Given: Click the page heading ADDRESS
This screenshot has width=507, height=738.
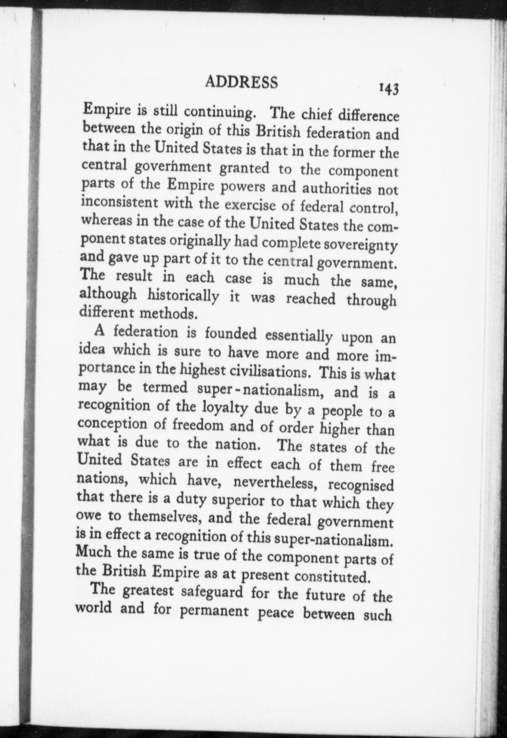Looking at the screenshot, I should [242, 82].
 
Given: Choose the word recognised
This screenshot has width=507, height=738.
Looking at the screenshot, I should [361, 485].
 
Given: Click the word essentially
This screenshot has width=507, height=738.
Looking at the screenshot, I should [298, 336].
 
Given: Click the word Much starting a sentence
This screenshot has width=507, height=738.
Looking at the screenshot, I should [93, 552].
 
